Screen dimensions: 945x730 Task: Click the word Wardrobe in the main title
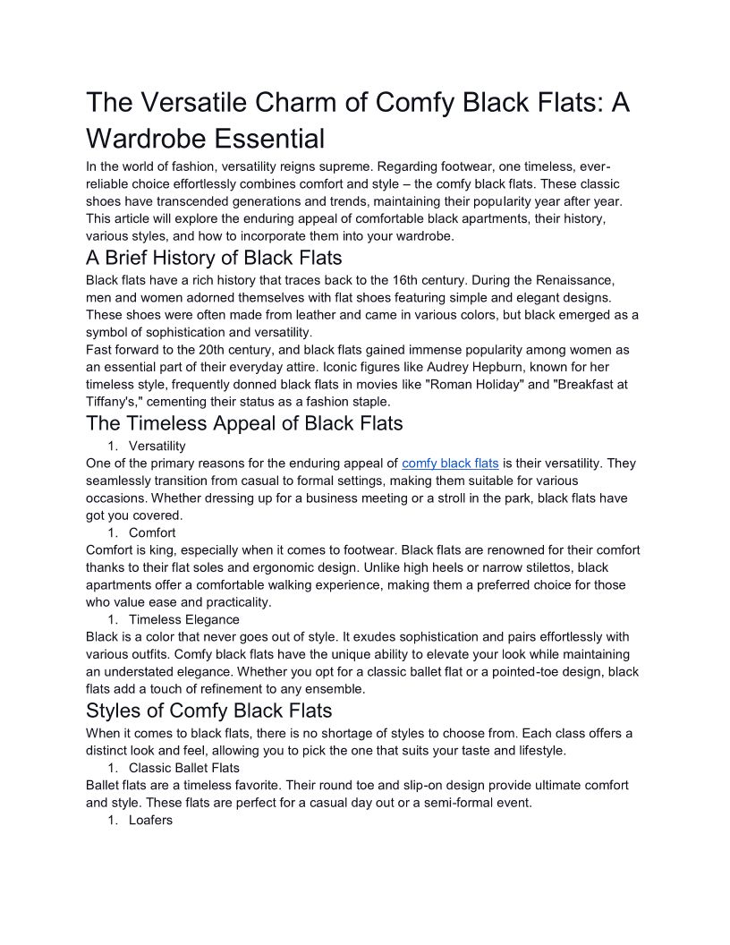[152, 139]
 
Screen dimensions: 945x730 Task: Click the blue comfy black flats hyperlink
[450, 464]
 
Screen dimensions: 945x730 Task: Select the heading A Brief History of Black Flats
[214, 258]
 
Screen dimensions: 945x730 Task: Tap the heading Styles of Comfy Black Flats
[208, 711]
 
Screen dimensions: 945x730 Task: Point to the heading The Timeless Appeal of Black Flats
[244, 422]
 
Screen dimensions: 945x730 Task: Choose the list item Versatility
[157, 446]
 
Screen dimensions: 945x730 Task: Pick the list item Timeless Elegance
[184, 619]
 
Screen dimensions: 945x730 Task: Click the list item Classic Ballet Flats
[184, 768]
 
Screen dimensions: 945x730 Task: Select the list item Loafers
[150, 821]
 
